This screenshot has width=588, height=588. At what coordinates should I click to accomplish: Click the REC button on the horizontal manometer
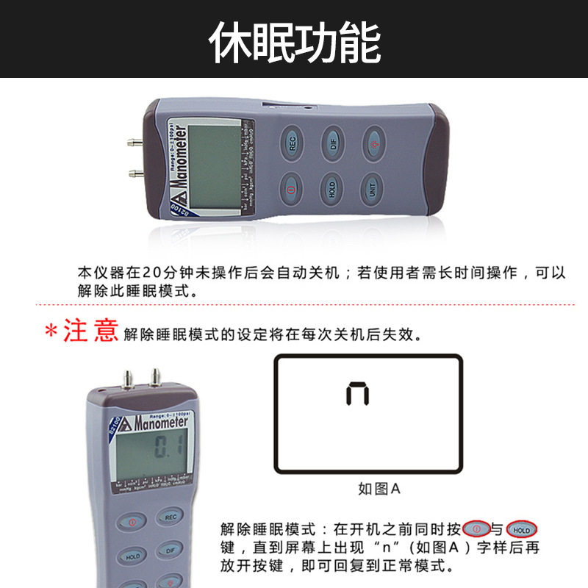coord(292,143)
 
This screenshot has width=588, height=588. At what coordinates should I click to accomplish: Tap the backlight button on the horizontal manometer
coord(373,142)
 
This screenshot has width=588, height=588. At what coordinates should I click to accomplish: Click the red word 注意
coord(90,331)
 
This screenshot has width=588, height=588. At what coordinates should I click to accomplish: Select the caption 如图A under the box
coord(379,488)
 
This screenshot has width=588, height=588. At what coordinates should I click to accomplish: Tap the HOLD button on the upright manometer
coord(132,556)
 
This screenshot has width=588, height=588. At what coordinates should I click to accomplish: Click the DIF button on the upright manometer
coord(170,549)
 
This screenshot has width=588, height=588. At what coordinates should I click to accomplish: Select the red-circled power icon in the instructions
coord(476,529)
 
